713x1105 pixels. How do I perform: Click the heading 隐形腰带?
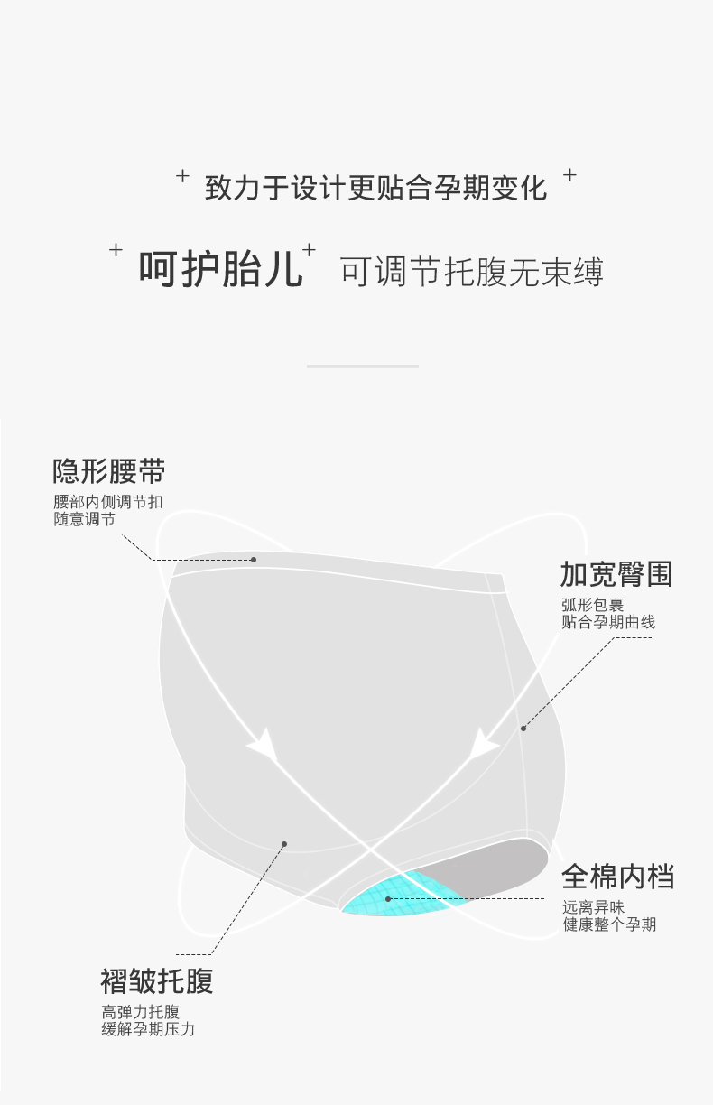click(x=108, y=471)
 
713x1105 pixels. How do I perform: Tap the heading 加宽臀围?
click(x=616, y=574)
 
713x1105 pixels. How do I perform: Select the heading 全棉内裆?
click(x=617, y=876)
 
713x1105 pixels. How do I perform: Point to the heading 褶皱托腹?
click(x=157, y=980)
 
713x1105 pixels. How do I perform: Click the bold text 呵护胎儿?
click(x=220, y=268)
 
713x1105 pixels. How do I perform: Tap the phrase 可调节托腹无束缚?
click(x=471, y=271)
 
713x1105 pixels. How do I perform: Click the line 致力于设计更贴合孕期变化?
click(x=375, y=188)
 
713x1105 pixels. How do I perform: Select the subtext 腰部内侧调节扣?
click(x=108, y=503)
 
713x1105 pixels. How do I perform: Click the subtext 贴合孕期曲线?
click(x=608, y=622)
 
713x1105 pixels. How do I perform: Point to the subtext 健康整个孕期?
click(x=609, y=924)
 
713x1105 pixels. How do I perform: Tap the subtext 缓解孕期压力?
click(x=148, y=1029)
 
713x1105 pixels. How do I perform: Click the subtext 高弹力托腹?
click(x=140, y=1012)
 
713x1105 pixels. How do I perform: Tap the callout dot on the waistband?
click(x=254, y=560)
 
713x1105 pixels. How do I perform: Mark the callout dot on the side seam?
click(x=523, y=728)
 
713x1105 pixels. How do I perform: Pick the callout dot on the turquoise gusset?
click(x=388, y=899)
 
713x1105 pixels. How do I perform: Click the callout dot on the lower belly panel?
click(x=284, y=844)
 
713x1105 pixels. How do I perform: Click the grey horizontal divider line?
click(x=362, y=367)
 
